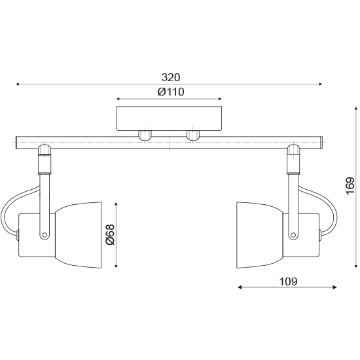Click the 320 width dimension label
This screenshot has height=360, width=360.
point(171,78)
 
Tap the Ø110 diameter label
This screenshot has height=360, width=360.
point(171,92)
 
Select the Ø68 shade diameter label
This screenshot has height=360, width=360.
point(110,234)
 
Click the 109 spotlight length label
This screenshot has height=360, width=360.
point(288,281)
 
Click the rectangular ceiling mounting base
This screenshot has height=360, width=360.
point(169,118)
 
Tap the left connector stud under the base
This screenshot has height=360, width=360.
point(145,135)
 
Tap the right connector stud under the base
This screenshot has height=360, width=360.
point(193,135)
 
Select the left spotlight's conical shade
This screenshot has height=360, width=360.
point(79,235)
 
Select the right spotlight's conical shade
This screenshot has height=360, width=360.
point(260,235)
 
